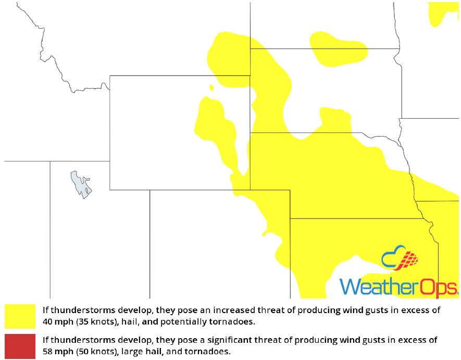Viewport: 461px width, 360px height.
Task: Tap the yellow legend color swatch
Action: click(x=20, y=316)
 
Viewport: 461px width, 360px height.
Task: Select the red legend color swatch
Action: click(x=20, y=346)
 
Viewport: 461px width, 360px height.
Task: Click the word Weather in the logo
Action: click(x=371, y=287)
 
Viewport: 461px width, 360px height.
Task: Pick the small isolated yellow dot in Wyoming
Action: click(x=211, y=88)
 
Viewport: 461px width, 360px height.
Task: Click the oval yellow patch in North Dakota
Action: click(x=339, y=48)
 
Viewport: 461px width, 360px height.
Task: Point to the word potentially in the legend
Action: click(x=187, y=321)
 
